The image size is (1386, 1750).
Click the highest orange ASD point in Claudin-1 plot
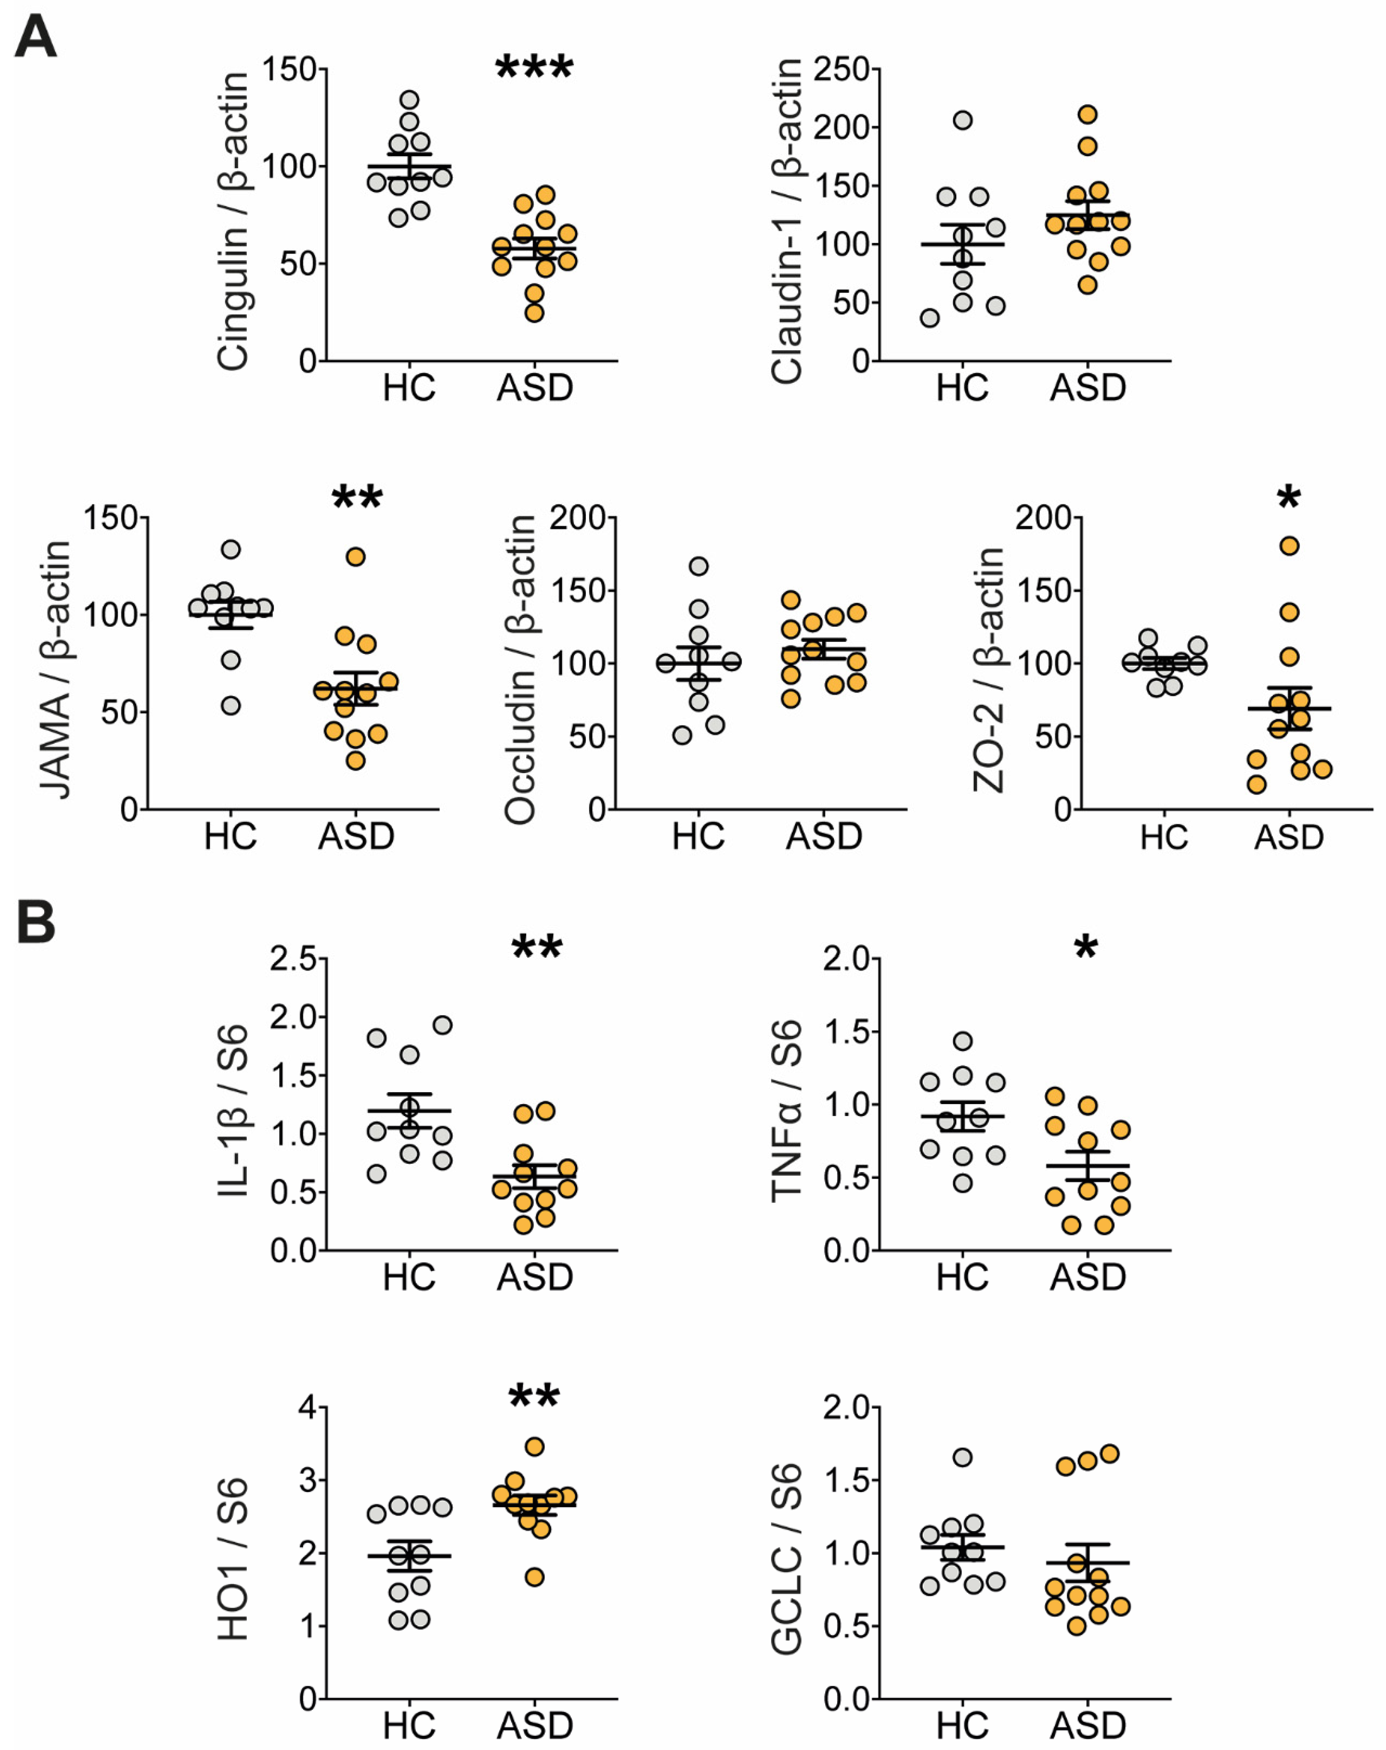coord(1087,114)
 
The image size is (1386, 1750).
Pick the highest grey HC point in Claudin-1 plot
coord(962,120)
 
